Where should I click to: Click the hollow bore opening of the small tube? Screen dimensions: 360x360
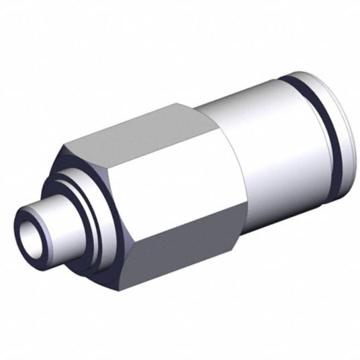[x=32, y=236]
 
